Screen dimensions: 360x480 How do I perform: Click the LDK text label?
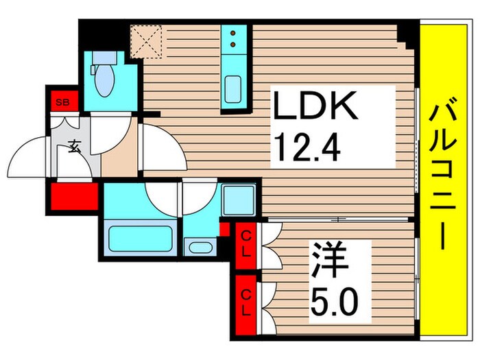coord(315,108)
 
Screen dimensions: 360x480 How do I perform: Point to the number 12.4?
coord(307,145)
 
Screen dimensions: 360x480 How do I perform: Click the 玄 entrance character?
coord(73,145)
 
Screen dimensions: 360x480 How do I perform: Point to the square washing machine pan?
coord(239,201)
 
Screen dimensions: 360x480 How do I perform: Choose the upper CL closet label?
coord(245,243)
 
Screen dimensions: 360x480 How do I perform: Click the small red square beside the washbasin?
coord(224,229)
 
